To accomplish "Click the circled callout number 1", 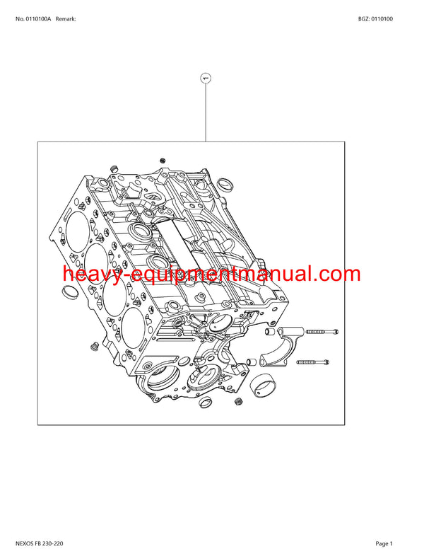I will coord(206,78).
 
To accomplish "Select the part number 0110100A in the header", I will coord(37,18).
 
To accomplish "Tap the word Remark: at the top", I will coord(66,18).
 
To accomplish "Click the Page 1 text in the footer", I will coord(385,543).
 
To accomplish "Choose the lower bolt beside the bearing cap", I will coord(312,362).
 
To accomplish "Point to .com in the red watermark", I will coord(335,274).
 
